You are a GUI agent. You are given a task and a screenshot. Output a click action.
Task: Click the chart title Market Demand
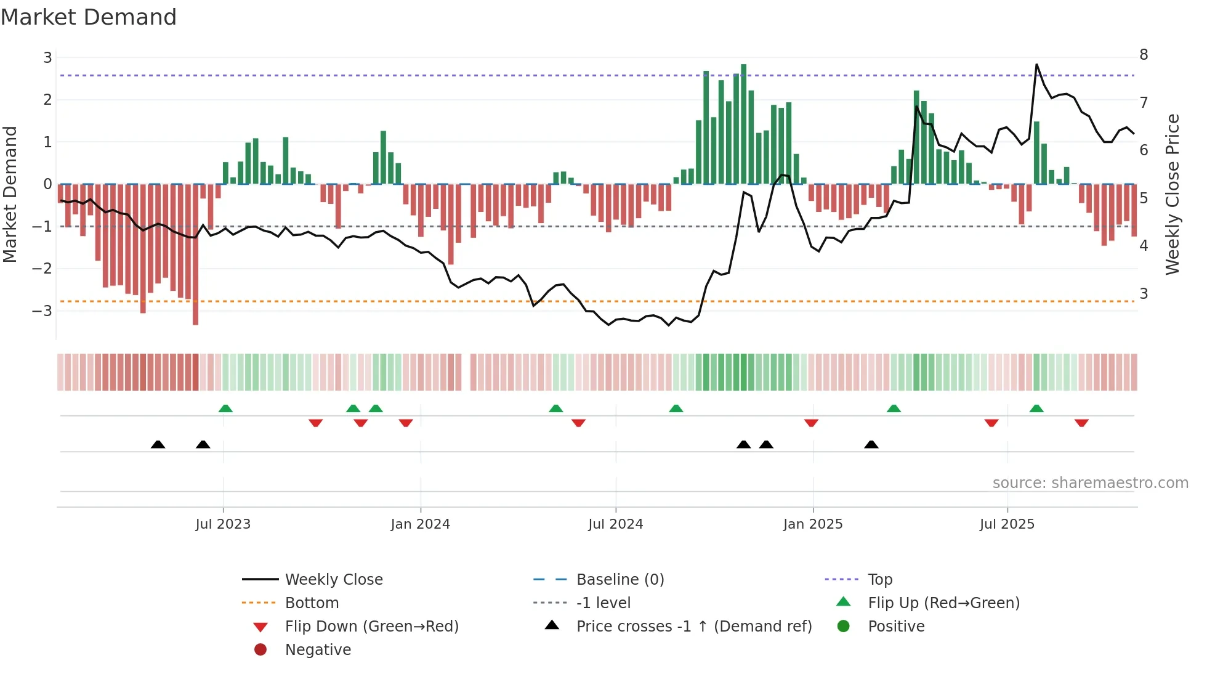pyautogui.click(x=89, y=17)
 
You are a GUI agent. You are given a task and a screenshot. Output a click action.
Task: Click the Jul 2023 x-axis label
pyautogui.click(x=223, y=524)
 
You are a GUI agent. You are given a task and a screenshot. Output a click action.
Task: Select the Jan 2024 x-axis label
pyautogui.click(x=420, y=524)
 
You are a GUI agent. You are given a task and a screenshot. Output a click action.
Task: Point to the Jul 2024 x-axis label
pyautogui.click(x=615, y=524)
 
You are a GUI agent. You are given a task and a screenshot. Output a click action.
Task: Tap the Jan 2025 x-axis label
pyautogui.click(x=812, y=524)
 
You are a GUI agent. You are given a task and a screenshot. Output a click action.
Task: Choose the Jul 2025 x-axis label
pyautogui.click(x=1007, y=524)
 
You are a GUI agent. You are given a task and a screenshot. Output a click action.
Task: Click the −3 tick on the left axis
pyautogui.click(x=42, y=311)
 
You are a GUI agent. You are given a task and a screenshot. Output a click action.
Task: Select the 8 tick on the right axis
pyautogui.click(x=1144, y=55)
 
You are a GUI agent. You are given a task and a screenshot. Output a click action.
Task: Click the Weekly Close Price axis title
pyautogui.click(x=1173, y=194)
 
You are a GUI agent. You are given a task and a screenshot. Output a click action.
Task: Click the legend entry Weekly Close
pyautogui.click(x=333, y=580)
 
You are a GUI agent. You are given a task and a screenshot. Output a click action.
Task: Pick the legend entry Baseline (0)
pyautogui.click(x=620, y=580)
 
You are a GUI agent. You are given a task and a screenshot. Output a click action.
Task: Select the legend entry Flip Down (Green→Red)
pyautogui.click(x=371, y=627)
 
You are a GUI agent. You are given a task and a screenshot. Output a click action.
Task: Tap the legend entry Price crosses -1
pyautogui.click(x=693, y=627)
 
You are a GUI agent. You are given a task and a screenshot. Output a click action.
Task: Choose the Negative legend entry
pyautogui.click(x=318, y=650)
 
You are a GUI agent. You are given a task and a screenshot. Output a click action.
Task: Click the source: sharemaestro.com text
pyautogui.click(x=1090, y=483)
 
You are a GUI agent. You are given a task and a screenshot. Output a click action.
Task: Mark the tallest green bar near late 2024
pyautogui.click(x=743, y=123)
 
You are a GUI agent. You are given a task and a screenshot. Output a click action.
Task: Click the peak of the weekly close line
pyautogui.click(x=1036, y=65)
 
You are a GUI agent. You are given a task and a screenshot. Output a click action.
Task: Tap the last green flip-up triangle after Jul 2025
pyautogui.click(x=1036, y=409)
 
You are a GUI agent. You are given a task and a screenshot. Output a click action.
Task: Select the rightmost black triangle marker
pyautogui.click(x=871, y=445)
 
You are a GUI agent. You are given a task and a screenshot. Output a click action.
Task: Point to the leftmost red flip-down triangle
pyautogui.click(x=315, y=423)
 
